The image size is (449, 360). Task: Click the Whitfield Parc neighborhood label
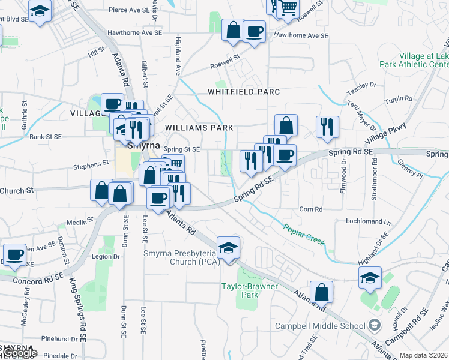(x=244, y=92)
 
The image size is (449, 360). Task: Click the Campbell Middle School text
(x=320, y=326)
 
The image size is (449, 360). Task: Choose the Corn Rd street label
(x=311, y=209)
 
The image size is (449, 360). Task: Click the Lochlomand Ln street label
(x=369, y=221)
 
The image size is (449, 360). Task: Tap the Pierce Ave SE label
(x=129, y=10)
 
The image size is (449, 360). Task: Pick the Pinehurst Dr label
(x=58, y=339)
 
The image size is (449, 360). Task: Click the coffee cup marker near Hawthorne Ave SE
(x=254, y=31)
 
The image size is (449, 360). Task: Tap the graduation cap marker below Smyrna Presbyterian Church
(x=228, y=248)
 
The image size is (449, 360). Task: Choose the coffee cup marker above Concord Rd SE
(x=14, y=254)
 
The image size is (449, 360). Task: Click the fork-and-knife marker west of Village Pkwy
(x=327, y=127)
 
